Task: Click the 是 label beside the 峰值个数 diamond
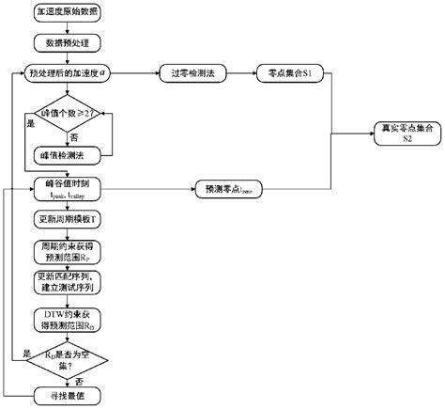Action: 27,122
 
